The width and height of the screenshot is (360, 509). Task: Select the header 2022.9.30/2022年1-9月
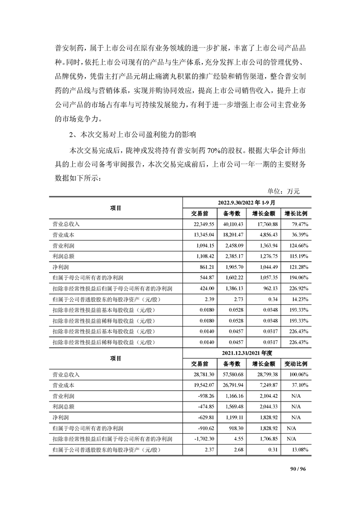tap(246, 203)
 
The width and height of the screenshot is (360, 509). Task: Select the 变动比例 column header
tap(296, 363)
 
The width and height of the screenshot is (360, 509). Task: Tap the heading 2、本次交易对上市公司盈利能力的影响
tap(132, 135)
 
